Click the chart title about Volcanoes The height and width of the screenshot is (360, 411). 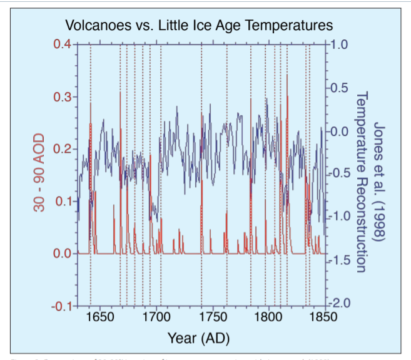tap(199, 26)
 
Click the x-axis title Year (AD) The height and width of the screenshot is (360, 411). tap(199, 339)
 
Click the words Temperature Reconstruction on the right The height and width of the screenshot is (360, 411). tap(361, 182)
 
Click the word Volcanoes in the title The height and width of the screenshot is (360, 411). tap(97, 26)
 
